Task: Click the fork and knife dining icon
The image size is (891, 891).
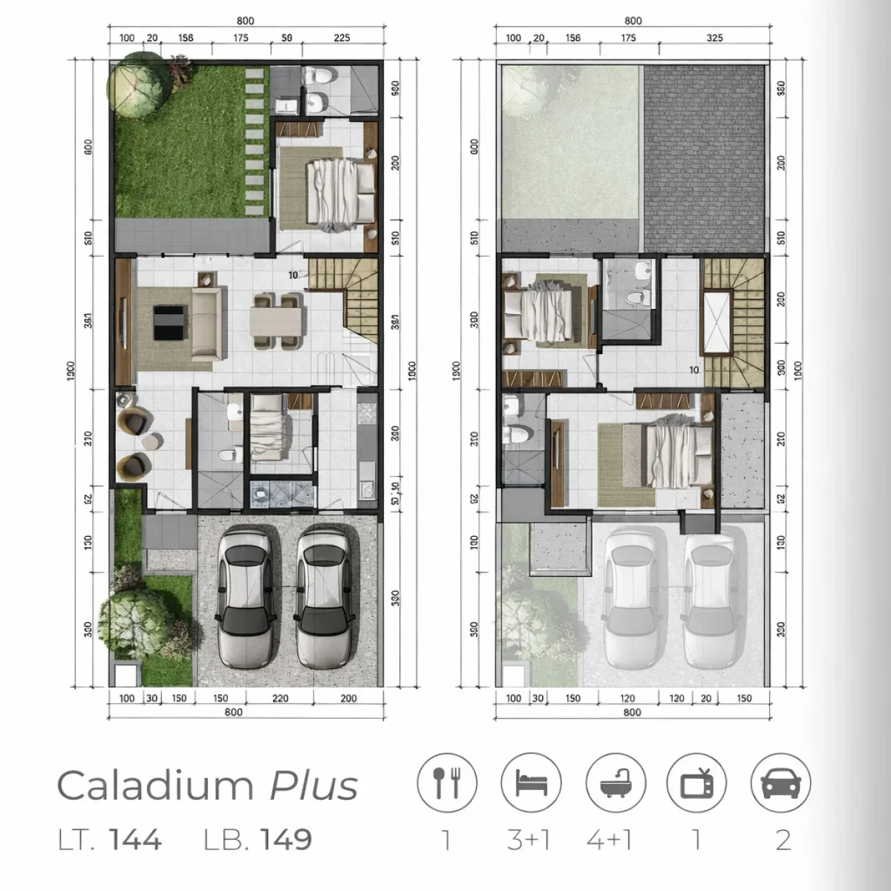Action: pyautogui.click(x=446, y=783)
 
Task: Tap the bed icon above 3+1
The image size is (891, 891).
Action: pyautogui.click(x=531, y=783)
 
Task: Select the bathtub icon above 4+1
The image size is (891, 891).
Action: pyautogui.click(x=616, y=783)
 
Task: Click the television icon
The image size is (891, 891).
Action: pyautogui.click(x=696, y=783)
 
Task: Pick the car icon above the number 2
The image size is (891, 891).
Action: pyautogui.click(x=780, y=783)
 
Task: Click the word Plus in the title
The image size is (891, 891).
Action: pyautogui.click(x=313, y=786)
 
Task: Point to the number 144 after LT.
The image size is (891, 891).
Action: pyautogui.click(x=135, y=839)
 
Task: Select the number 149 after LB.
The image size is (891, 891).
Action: pyautogui.click(x=286, y=839)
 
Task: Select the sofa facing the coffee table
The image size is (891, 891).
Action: pyautogui.click(x=206, y=324)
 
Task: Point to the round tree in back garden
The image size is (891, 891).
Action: pyautogui.click(x=137, y=87)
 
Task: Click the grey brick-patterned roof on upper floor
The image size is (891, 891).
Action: pyautogui.click(x=704, y=157)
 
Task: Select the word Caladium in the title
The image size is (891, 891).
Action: pyautogui.click(x=154, y=786)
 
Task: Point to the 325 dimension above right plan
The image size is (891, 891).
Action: pyautogui.click(x=714, y=38)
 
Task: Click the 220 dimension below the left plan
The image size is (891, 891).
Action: pyautogui.click(x=280, y=698)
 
